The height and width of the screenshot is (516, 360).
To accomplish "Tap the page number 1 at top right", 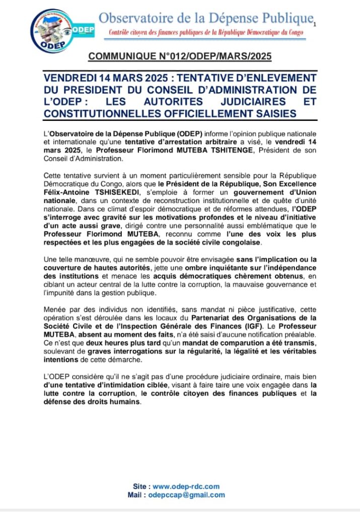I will pos(315,24).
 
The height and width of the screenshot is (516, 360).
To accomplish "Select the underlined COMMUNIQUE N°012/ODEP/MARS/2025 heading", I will pos(180,56).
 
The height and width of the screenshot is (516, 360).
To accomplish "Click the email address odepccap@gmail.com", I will pos(187,495).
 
